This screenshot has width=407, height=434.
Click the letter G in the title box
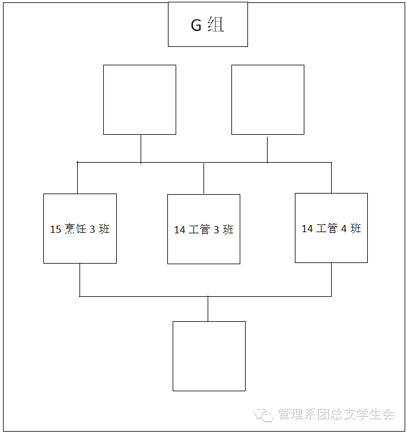(x=196, y=25)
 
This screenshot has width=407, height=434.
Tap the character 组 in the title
(x=216, y=24)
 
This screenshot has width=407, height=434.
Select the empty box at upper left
(x=140, y=100)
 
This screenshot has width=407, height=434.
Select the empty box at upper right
(x=268, y=100)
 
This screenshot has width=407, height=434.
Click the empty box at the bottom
(x=209, y=356)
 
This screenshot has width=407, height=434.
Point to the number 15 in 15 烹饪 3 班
(x=56, y=229)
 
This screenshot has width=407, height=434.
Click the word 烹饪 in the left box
(x=75, y=229)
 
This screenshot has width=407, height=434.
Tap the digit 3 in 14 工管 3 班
(x=217, y=230)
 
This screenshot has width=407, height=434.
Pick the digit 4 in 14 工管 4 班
(x=344, y=229)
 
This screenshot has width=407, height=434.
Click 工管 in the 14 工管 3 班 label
(x=199, y=229)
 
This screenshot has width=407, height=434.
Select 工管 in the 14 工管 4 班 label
(x=327, y=229)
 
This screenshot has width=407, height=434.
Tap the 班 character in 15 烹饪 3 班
(x=104, y=229)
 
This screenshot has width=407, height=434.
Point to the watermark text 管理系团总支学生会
(x=336, y=414)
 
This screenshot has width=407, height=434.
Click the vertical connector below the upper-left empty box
(x=141, y=149)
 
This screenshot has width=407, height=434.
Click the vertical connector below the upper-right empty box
(x=267, y=150)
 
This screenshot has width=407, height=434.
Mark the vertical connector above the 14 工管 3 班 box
(x=204, y=179)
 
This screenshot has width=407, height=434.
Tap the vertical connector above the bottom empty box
(x=208, y=309)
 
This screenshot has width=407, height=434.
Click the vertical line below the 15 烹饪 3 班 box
(x=80, y=280)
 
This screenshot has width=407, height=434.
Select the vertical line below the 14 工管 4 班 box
(x=332, y=280)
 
